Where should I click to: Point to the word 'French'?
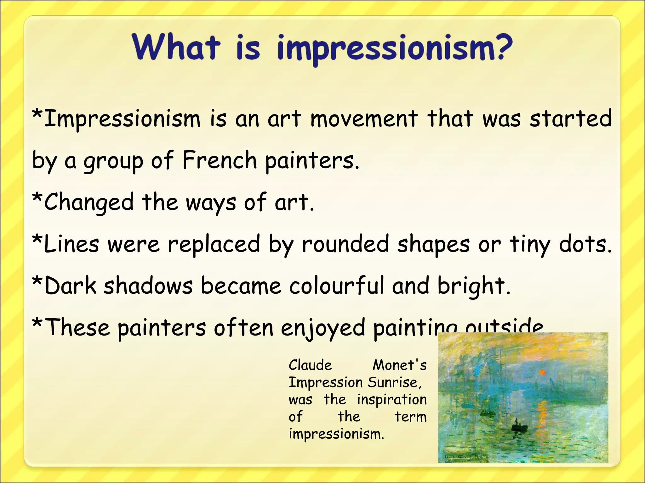click(220, 160)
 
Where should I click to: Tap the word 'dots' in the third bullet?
click(585, 244)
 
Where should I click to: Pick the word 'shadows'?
click(148, 286)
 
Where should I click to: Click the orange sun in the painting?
click(542, 372)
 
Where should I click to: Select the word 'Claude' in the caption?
click(310, 365)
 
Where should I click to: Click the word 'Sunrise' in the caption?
click(394, 383)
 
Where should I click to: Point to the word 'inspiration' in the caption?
click(392, 400)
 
